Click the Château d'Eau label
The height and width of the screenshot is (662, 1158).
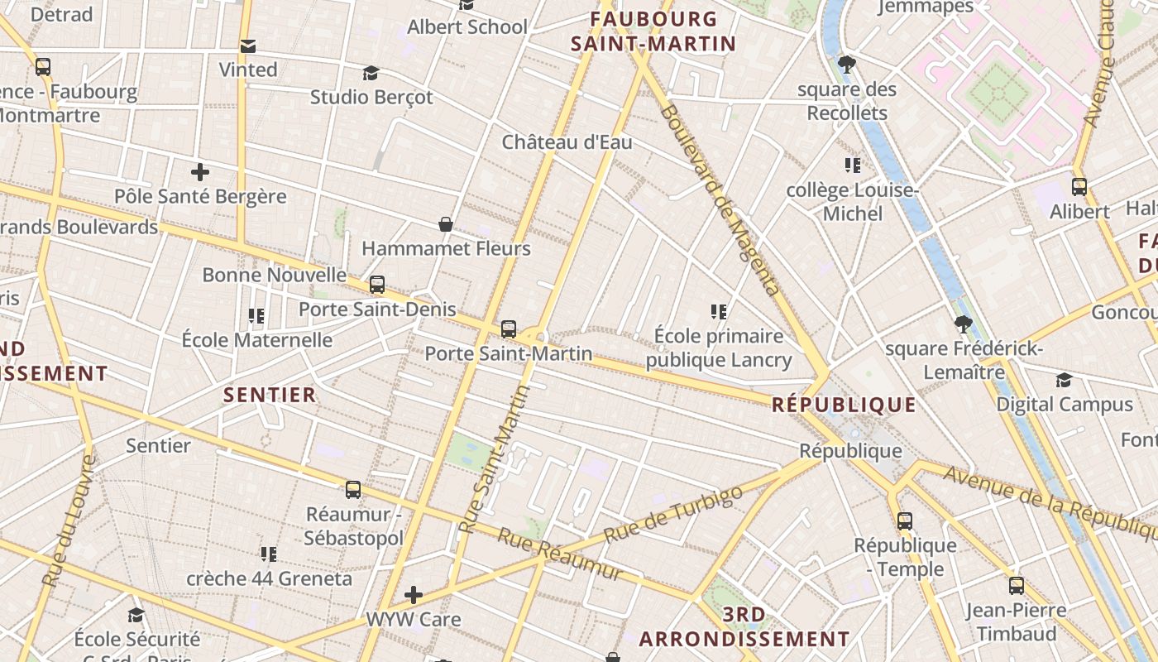click(x=567, y=142)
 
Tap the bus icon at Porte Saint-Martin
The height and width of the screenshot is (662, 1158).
click(x=509, y=329)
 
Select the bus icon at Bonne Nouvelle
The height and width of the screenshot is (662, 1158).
click(x=377, y=285)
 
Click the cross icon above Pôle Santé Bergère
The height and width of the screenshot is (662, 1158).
click(x=199, y=172)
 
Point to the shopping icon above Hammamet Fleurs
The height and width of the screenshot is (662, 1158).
click(x=446, y=224)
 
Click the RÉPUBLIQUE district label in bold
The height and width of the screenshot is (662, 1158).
click(x=844, y=405)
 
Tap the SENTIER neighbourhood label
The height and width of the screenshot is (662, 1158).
click(x=270, y=395)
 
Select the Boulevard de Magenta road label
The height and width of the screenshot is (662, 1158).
click(x=720, y=199)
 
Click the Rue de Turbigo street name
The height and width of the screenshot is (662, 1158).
click(x=673, y=515)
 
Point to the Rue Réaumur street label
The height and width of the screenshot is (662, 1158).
click(x=559, y=554)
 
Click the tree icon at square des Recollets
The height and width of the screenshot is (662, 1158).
click(x=846, y=64)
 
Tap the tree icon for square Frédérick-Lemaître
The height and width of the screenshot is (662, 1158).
click(x=963, y=324)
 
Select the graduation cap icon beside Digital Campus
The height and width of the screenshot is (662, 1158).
click(x=1064, y=380)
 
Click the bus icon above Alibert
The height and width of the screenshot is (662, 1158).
click(x=1079, y=187)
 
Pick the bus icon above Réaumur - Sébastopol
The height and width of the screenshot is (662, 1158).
click(x=353, y=490)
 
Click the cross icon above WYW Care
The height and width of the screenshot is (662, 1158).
click(x=413, y=595)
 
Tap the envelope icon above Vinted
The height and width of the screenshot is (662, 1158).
click(x=247, y=46)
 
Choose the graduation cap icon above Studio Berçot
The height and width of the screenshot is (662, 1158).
click(x=371, y=73)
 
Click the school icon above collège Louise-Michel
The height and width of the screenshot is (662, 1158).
click(x=852, y=165)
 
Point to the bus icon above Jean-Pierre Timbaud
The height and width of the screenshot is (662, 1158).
click(x=1017, y=586)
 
